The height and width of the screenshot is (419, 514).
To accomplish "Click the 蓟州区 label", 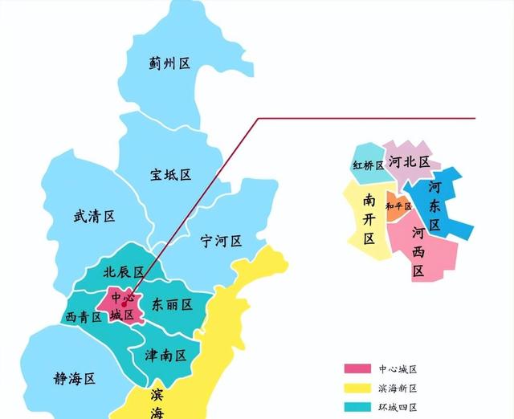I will point(169,64).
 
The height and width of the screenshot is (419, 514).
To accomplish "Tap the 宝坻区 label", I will point(170,174).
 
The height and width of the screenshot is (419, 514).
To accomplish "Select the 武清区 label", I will point(94,216).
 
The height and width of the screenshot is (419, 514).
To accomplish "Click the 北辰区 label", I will point(123,272).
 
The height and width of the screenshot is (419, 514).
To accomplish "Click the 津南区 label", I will point(165,354).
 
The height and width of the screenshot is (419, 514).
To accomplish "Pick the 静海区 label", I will point(75,377).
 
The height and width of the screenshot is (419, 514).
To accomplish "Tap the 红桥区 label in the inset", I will point(368,165).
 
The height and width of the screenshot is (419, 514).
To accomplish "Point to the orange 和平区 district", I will point(398,206).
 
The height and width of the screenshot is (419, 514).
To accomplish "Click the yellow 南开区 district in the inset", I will point(368,218).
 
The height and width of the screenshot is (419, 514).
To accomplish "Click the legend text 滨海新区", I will point(398,388).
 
